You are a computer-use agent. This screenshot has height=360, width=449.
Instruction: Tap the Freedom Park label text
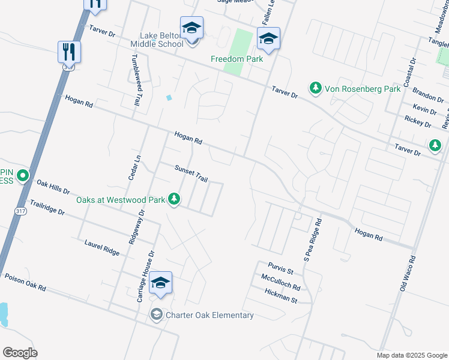pos(237,59)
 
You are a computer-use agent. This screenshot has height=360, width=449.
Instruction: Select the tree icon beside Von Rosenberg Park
pos(315,89)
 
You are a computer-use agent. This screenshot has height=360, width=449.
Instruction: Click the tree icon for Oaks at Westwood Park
pos(174,199)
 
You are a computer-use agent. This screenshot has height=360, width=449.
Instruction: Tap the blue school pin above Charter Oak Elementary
pos(160,283)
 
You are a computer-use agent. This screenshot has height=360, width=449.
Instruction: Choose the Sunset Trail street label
pos(191,175)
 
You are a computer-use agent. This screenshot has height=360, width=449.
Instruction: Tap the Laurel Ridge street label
pos(102,247)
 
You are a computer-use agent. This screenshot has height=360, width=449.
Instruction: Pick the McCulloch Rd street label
pos(280,282)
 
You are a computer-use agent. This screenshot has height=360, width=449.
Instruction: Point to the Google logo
pos(20,353)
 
